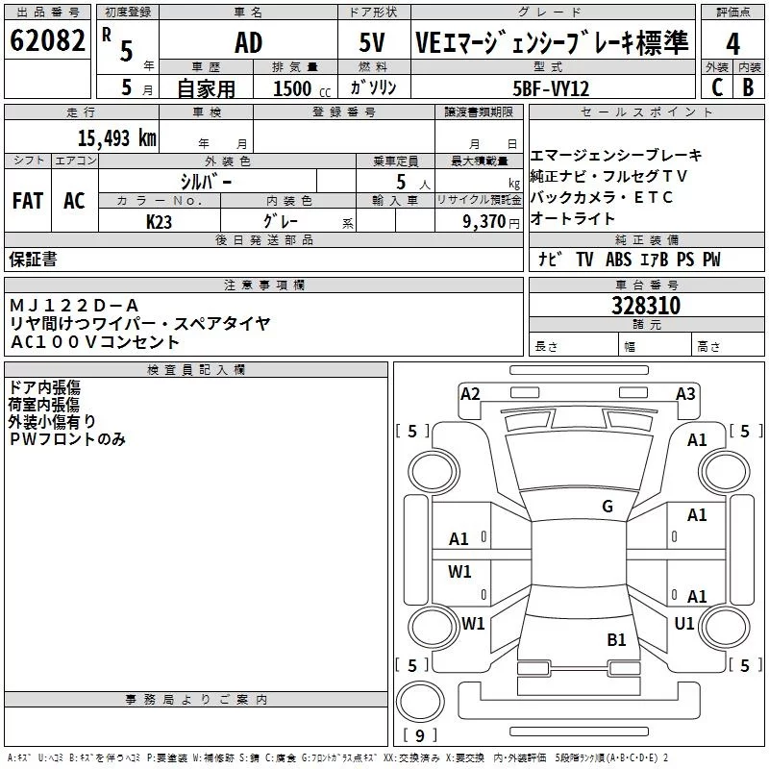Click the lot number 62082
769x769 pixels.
point(47,40)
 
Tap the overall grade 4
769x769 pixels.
point(732,44)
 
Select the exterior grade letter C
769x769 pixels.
point(717,87)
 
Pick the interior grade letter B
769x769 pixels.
point(748,87)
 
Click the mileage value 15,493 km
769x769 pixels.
point(117,137)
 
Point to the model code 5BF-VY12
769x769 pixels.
point(551,88)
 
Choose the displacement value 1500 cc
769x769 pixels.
point(302,88)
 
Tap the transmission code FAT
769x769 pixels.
point(28,201)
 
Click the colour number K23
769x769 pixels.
point(159,222)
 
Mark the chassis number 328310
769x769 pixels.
point(646,306)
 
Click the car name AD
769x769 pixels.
point(249,42)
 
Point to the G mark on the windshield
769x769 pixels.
point(608,507)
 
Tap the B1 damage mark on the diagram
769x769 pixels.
point(616,640)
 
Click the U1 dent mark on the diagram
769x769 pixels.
point(684,623)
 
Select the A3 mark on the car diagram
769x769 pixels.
point(685,394)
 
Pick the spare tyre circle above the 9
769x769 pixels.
point(420,702)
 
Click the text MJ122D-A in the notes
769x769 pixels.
point(74,306)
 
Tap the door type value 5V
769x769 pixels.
point(372,42)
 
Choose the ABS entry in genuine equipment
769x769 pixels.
point(618,260)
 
